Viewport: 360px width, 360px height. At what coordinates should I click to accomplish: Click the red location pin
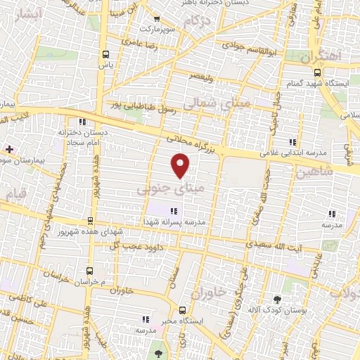pos(181,166)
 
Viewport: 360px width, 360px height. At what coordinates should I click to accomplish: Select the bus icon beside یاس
pos(106,54)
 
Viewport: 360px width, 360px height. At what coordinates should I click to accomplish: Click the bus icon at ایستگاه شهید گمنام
pos(317,72)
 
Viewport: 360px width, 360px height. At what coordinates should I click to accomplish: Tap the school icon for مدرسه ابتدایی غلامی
pos(292,142)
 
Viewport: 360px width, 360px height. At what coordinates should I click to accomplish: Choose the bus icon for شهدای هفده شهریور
pos(89,221)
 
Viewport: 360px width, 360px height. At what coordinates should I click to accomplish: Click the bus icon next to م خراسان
pos(89,270)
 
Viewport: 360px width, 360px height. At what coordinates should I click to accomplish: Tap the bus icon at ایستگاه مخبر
pos(182,310)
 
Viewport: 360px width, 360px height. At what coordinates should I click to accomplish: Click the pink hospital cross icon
pos(9,149)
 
